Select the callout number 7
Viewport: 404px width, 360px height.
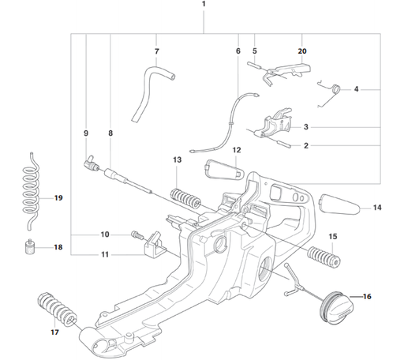click(157, 52)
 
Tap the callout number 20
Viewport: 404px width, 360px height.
click(302, 51)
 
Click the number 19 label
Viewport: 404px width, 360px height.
click(58, 197)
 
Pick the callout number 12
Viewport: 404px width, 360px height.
click(236, 150)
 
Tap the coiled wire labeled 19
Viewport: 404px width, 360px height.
click(31, 186)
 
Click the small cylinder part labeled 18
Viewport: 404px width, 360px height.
click(29, 249)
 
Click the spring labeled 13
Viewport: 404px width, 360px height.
click(186, 193)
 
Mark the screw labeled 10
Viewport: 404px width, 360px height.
click(139, 234)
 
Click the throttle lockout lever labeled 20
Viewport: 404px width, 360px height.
click(286, 73)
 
